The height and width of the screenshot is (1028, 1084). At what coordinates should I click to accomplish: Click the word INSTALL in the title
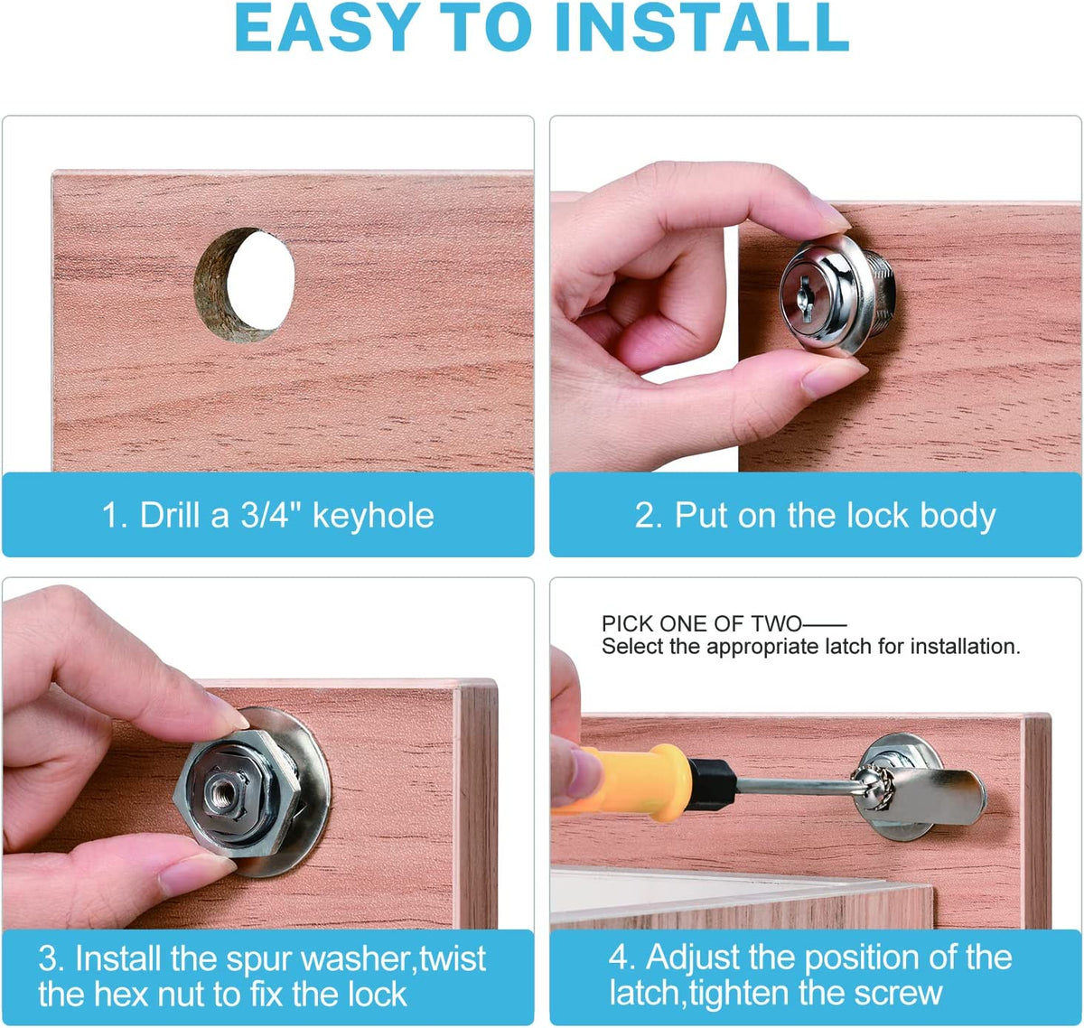pyautogui.click(x=702, y=28)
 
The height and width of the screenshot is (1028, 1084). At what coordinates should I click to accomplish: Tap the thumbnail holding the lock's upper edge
pyautogui.click(x=829, y=214)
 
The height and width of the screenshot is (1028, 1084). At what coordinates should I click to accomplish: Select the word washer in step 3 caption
pyautogui.click(x=357, y=958)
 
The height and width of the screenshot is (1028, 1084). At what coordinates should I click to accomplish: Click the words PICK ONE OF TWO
pyautogui.click(x=701, y=623)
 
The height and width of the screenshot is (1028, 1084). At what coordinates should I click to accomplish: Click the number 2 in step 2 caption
pyautogui.click(x=647, y=515)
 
